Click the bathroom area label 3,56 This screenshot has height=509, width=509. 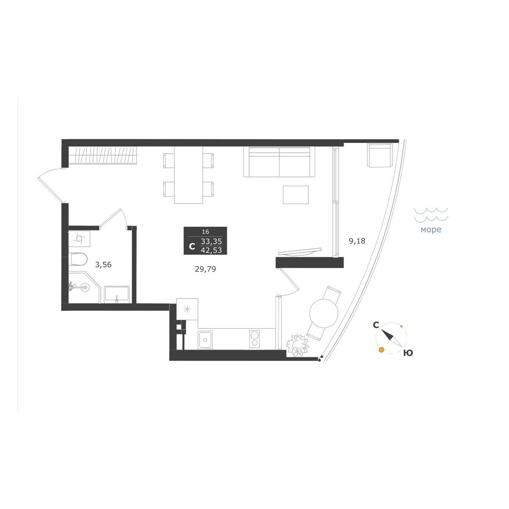[103, 264]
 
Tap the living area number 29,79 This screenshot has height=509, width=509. [205, 269]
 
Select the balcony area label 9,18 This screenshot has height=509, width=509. [357, 241]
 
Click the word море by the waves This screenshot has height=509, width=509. [431, 229]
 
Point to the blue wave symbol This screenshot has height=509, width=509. [431, 214]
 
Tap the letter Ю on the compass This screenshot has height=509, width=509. [408, 353]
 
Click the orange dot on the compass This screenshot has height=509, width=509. [381, 350]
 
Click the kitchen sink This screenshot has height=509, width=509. [205, 339]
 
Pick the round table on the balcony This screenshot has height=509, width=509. [324, 313]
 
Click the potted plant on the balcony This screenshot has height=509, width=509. [298, 346]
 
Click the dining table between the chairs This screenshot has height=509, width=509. [189, 175]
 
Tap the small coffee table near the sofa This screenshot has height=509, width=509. [296, 195]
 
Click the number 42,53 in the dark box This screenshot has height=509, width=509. [211, 250]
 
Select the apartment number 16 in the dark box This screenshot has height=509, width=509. [205, 232]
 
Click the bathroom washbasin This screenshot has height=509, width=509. [117, 294]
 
